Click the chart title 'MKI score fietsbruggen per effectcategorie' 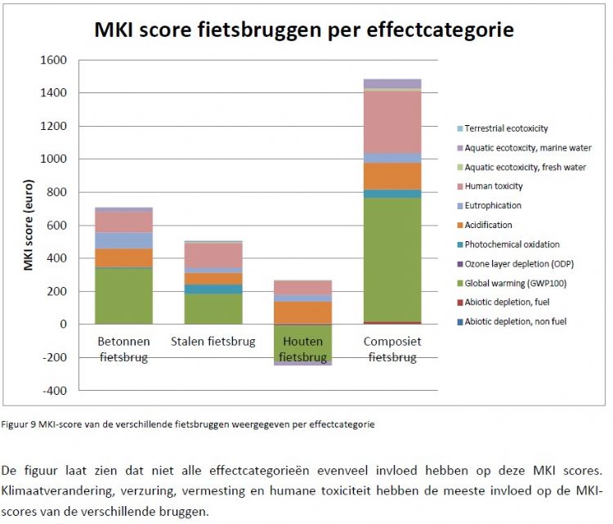click(x=304, y=30)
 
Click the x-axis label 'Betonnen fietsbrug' click(x=123, y=349)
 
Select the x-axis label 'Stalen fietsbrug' click(x=213, y=341)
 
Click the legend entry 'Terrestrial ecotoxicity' click(x=506, y=129)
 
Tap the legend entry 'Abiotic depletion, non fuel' click(x=515, y=321)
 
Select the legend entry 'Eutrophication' click(x=492, y=206)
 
